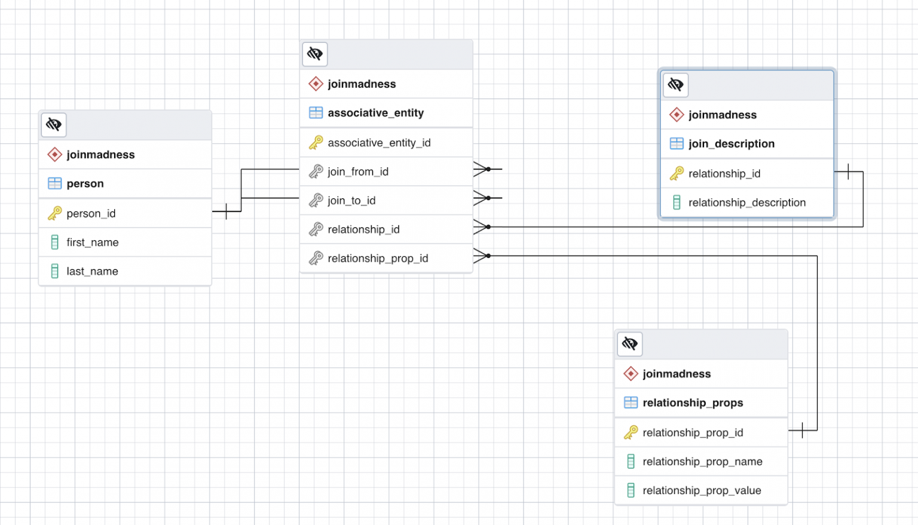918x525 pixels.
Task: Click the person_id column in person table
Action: tap(91, 213)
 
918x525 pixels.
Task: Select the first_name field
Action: tap(93, 242)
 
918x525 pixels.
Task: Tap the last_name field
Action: tap(92, 271)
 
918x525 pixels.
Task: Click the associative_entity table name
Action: tap(375, 113)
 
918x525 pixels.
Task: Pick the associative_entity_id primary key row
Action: tap(379, 143)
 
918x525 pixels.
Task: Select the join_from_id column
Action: tap(358, 172)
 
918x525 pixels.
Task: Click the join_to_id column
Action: tap(351, 201)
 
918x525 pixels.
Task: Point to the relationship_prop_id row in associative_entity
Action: tap(378, 259)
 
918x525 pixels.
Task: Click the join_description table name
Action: tap(731, 144)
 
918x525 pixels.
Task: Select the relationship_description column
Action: tap(746, 202)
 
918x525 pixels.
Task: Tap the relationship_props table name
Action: tap(693, 403)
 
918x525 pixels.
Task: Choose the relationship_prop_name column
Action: tap(702, 462)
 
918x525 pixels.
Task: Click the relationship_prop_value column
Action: tap(702, 490)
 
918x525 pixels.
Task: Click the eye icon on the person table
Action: tap(54, 125)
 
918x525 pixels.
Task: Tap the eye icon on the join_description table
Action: tap(676, 85)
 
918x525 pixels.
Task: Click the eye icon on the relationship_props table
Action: tap(630, 344)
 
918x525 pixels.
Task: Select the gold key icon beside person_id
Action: tap(54, 213)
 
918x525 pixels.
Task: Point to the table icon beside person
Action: tap(54, 183)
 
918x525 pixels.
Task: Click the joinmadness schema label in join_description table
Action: tap(722, 115)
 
